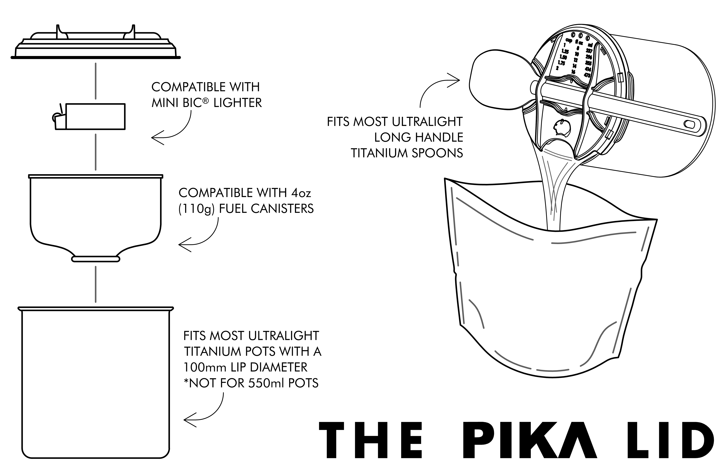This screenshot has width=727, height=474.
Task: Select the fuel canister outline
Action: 96,214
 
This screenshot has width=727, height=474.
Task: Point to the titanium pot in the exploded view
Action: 96,382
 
